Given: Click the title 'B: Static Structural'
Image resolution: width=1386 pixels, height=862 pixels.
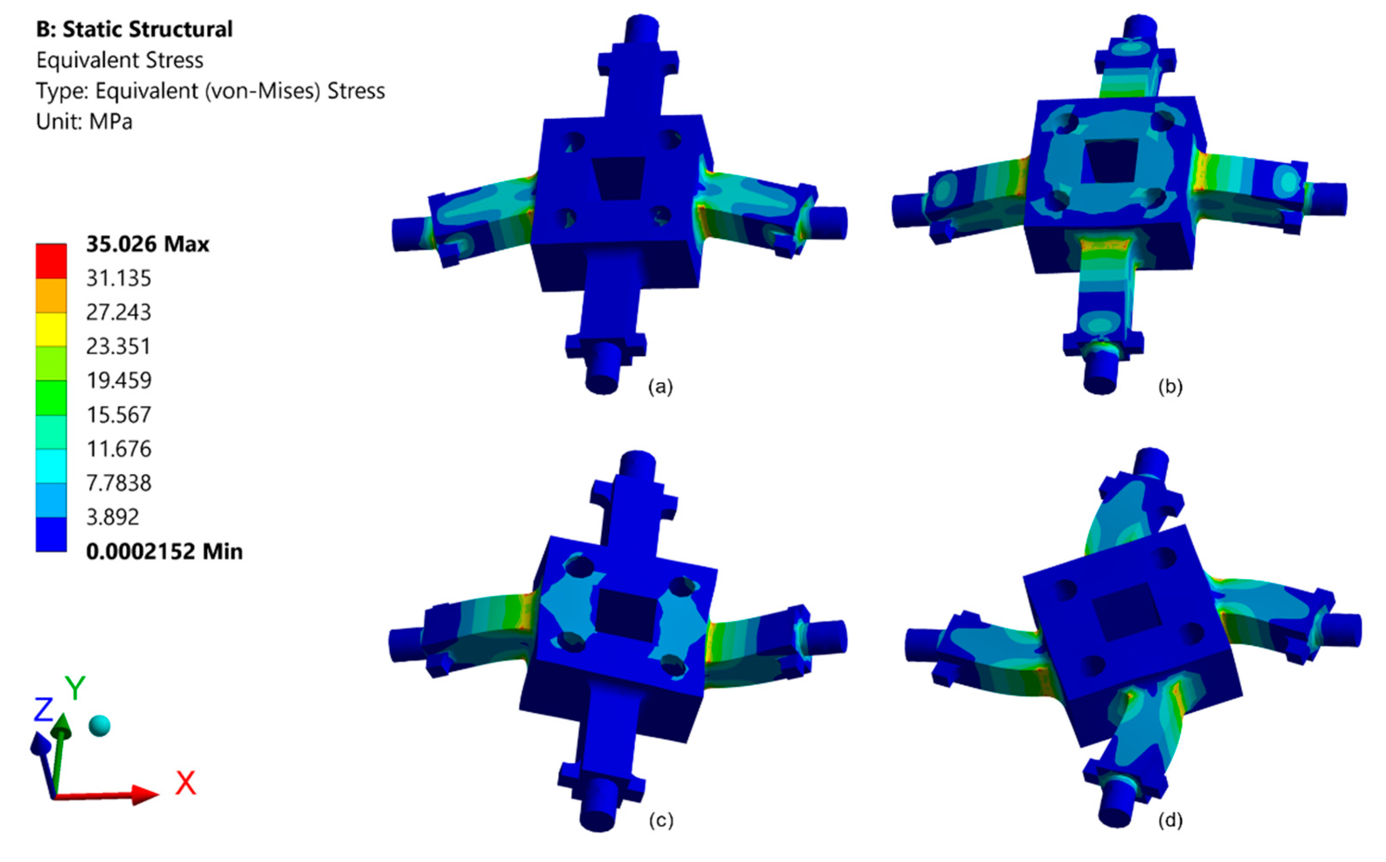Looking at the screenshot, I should coord(134,30).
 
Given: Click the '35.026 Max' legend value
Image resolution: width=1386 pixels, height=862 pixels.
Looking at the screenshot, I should coord(148,244).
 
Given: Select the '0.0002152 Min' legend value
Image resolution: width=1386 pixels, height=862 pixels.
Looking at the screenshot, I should coord(164,551).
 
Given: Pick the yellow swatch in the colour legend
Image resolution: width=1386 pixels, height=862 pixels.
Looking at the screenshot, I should coord(51,329).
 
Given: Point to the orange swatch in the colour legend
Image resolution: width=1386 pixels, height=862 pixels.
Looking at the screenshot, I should coord(51,295).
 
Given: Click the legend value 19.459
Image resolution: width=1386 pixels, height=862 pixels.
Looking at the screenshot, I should coord(118,380).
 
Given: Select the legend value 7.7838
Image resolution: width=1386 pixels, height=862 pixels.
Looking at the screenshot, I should coord(118,483).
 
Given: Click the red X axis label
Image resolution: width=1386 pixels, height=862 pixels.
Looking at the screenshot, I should coord(185,783).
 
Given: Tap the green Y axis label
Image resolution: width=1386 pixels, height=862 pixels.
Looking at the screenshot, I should coord(75,688).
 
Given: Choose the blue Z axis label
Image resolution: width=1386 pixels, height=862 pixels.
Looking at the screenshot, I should coord(43,710).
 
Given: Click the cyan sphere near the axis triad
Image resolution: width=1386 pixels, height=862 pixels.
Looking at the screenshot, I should coord(100,726).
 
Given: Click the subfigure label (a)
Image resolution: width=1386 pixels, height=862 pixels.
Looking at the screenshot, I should coord(660,387).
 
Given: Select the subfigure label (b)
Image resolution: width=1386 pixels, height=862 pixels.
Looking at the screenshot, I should coord(1170,387).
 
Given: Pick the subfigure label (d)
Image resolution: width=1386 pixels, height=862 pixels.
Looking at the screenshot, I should coord(1170,820).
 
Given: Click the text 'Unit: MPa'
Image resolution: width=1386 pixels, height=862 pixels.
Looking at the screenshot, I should coord(84,121).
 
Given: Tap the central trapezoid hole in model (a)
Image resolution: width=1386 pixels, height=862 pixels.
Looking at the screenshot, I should coord(618,178).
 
